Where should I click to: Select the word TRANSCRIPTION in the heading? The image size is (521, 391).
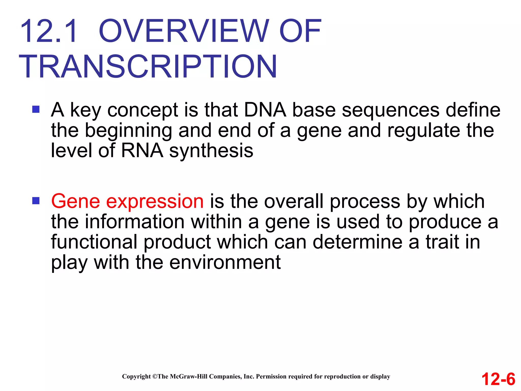(x=148, y=67)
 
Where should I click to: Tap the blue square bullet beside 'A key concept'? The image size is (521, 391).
(x=36, y=109)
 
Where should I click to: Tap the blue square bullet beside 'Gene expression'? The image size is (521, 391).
(x=36, y=201)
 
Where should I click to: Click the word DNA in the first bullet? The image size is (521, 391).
(x=265, y=110)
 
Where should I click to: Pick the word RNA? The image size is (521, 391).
(x=142, y=151)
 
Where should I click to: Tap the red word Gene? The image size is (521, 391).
(x=76, y=201)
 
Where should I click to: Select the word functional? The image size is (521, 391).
(x=94, y=242)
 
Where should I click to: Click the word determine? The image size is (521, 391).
(x=357, y=242)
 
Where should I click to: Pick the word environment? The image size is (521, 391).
(x=225, y=262)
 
